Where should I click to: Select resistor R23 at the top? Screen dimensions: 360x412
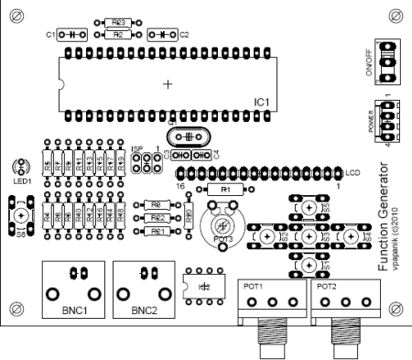(x=115, y=22)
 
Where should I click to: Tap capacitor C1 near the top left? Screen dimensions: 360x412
(x=71, y=34)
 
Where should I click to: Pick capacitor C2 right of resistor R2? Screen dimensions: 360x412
(x=161, y=34)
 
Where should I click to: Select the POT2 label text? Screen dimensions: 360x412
(x=327, y=286)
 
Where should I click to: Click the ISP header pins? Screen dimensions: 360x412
(x=143, y=163)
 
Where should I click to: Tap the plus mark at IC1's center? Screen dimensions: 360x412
(x=167, y=84)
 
